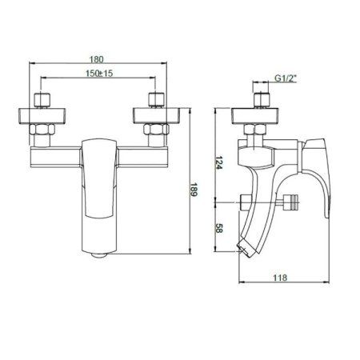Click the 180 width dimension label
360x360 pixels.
[96, 58]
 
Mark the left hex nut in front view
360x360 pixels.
[41, 130]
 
